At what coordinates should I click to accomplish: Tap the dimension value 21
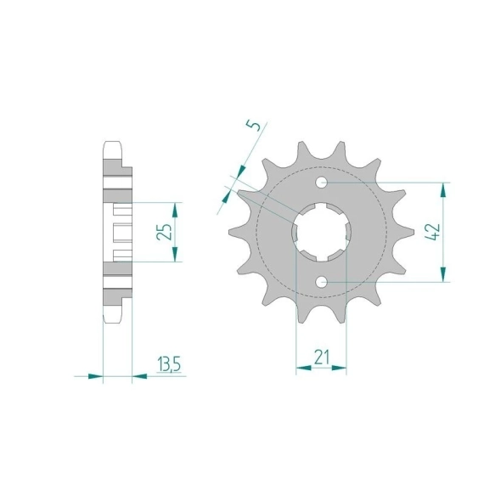tap(322, 357)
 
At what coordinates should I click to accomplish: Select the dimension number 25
tap(164, 232)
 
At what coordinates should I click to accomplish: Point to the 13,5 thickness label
tap(169, 364)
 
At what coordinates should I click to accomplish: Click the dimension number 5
tap(253, 125)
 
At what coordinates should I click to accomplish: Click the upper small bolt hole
tap(322, 183)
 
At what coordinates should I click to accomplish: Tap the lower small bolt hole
tap(322, 282)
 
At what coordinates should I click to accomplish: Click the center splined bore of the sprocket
tap(321, 232)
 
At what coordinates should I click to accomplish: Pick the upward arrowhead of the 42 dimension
tap(443, 190)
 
